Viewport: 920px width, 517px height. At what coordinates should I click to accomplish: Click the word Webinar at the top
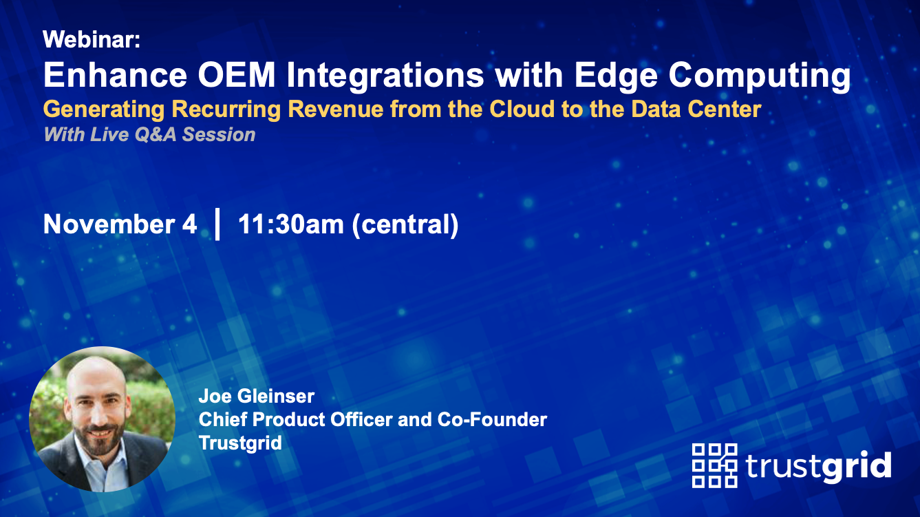click(91, 41)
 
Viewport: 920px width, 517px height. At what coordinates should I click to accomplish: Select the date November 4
click(120, 224)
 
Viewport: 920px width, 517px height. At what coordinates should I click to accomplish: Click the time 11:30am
click(290, 224)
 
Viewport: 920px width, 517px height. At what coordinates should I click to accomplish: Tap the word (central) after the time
click(405, 224)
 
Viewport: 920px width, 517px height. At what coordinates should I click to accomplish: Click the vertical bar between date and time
click(217, 224)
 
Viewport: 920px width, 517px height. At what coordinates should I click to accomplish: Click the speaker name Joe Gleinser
click(256, 397)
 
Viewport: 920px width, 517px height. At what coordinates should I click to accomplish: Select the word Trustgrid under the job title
click(240, 442)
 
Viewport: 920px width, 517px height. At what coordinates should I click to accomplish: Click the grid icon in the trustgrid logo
click(714, 465)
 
